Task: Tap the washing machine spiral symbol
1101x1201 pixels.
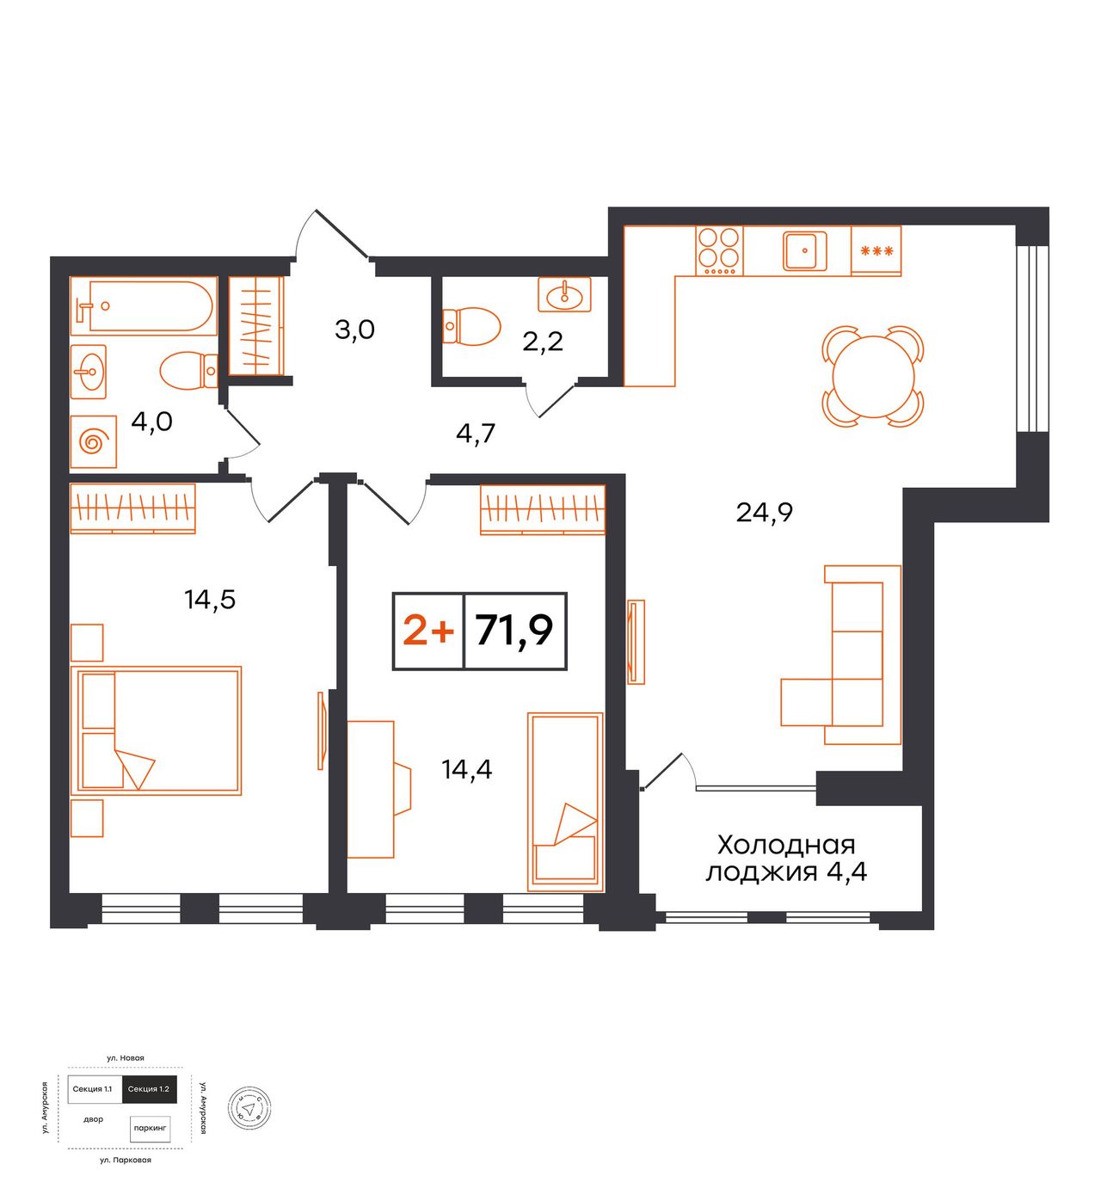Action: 94,442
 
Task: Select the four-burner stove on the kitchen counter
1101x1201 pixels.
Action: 719,250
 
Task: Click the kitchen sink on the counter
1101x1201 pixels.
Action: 804,250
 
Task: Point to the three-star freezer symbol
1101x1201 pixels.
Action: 876,250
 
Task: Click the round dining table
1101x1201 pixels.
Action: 874,377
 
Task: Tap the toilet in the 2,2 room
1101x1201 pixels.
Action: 471,327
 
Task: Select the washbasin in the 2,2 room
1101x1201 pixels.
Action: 564,294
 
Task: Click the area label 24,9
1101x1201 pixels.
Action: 765,513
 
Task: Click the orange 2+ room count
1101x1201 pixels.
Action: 428,631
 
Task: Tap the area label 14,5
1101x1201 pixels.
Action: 210,600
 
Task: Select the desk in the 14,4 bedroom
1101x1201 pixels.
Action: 379,789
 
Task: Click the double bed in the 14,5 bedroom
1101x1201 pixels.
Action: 157,730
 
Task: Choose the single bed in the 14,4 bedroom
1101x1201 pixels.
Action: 565,802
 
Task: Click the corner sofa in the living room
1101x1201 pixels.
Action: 841,655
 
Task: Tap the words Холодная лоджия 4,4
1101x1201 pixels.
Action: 786,858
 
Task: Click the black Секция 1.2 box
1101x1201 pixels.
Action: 149,1089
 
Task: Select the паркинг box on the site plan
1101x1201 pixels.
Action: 151,1128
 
